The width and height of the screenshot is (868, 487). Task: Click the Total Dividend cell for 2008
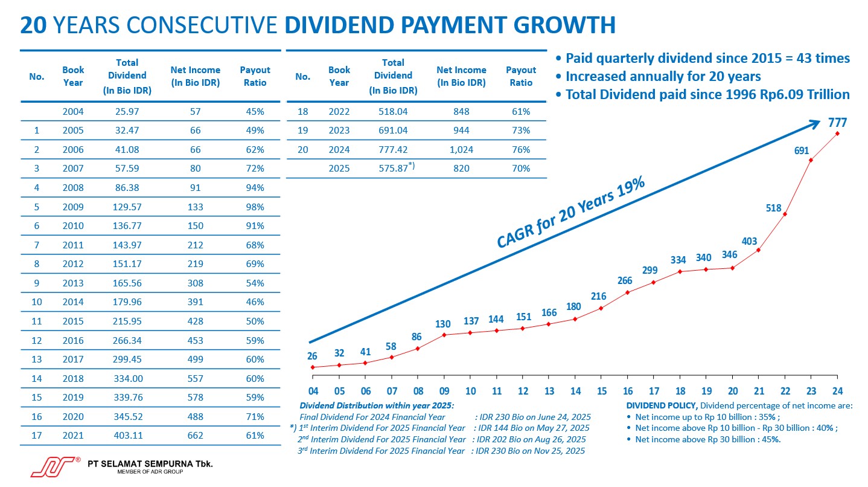[127, 188]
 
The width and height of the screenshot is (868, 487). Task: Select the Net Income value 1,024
[461, 150]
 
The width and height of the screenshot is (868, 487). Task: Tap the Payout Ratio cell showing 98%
[255, 207]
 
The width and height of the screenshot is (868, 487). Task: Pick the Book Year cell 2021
[73, 436]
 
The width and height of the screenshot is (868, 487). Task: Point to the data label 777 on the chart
[837, 123]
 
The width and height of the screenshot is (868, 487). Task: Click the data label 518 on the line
[774, 208]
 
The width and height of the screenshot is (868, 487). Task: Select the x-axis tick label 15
[601, 391]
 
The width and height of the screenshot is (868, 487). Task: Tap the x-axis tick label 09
[444, 391]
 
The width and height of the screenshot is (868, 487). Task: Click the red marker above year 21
[758, 250]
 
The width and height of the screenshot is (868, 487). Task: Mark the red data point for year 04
[313, 367]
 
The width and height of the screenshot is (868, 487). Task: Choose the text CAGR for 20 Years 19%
[570, 214]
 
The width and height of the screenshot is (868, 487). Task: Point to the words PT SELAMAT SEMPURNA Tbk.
[150, 464]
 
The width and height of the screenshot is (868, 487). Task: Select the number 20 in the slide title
[33, 25]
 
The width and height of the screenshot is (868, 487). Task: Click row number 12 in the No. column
[37, 341]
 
